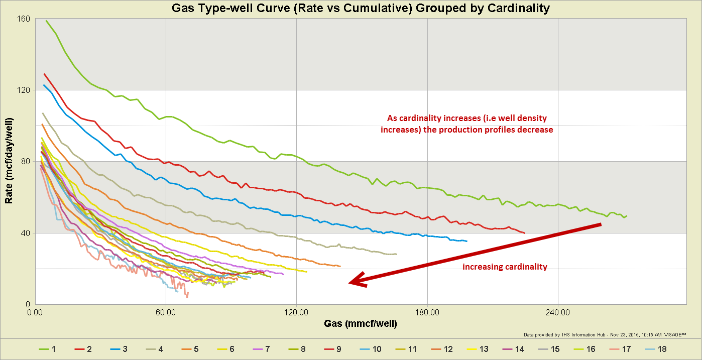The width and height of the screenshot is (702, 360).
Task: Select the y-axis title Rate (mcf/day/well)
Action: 9,161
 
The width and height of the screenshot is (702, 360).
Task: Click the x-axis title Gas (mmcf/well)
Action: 360,324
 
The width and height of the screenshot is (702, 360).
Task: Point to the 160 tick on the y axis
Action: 25,19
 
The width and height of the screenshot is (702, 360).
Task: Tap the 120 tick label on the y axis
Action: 25,90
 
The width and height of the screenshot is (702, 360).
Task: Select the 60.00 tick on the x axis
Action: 166,312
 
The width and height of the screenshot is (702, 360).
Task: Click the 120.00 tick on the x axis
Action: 296,312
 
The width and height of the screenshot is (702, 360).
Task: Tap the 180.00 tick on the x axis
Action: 427,312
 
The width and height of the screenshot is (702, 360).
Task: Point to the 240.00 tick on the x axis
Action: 557,312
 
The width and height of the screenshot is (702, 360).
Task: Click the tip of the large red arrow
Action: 349,283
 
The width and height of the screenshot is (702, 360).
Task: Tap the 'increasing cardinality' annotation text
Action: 504,267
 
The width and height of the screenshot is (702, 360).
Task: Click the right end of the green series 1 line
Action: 627,216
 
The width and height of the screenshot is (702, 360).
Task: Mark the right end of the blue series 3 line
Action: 467,241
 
